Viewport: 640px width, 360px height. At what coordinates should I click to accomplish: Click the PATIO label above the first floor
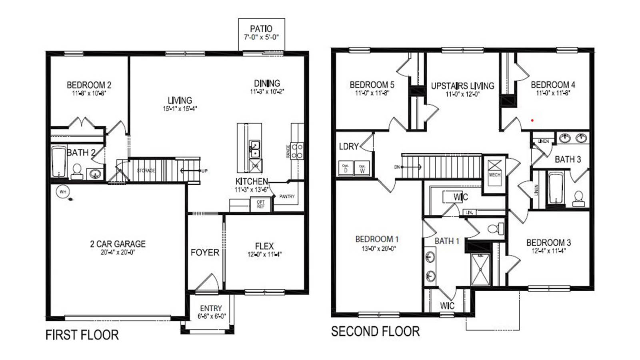[x=261, y=29]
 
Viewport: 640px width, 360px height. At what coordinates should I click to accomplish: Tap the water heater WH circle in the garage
[x=63, y=192]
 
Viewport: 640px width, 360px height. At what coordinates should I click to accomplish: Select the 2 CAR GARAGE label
[x=118, y=244]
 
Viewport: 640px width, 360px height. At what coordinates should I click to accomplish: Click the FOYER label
[x=205, y=252]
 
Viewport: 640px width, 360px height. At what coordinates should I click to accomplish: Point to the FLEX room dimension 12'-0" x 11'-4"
[x=264, y=254]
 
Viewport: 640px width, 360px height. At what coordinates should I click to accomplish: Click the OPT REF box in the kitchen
[x=260, y=204]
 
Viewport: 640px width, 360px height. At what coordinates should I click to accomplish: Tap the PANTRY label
[x=287, y=196]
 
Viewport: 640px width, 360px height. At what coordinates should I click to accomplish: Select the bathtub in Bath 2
[x=58, y=162]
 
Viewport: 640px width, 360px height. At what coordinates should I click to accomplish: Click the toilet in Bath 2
[x=76, y=171]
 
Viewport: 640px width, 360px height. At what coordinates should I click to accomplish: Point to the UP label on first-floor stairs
[x=204, y=171]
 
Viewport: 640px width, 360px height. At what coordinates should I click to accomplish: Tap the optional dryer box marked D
[x=345, y=168]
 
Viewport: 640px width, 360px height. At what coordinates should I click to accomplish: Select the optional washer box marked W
[x=362, y=168]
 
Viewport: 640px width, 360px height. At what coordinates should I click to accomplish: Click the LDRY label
[x=349, y=146]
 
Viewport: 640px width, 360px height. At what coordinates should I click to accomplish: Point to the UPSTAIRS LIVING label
[x=462, y=86]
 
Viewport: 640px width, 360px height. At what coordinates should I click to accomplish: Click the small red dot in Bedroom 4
[x=532, y=120]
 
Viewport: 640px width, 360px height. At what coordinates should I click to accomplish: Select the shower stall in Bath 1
[x=480, y=269]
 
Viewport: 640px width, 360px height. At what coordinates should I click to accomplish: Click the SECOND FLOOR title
[x=375, y=331]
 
